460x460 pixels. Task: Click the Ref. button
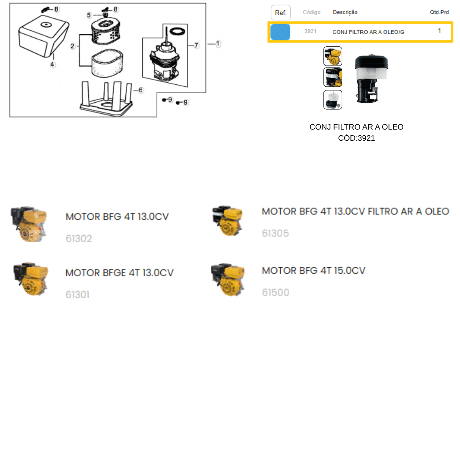coord(281,13)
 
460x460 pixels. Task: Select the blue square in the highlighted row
coord(280,32)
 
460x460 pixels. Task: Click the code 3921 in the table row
coord(310,31)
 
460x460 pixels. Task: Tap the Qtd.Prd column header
coord(439,12)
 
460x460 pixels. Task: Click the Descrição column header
coord(345,12)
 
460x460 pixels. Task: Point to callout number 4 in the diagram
coord(52,64)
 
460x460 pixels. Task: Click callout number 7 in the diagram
coord(196,45)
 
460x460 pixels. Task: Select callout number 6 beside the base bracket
coord(141,90)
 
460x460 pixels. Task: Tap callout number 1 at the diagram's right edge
coord(218,44)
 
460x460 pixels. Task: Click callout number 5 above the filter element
coord(89,15)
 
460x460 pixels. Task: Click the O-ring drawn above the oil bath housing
coord(177,31)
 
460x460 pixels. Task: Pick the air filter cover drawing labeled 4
coord(44,36)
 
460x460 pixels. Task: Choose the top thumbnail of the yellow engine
coord(332,56)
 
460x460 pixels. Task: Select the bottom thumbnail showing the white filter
coord(332,100)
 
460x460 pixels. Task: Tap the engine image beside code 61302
coord(29,224)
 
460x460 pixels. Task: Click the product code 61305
coord(275,233)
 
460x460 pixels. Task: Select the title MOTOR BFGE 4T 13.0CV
coord(119,273)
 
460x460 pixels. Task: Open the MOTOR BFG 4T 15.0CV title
coord(314,271)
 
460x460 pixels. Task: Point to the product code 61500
coord(276,292)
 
